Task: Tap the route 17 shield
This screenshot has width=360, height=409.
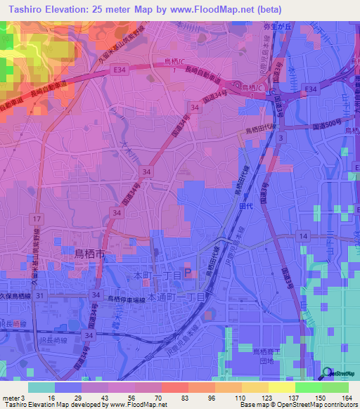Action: [x=35, y=220]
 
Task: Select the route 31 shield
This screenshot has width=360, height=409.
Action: [x=41, y=296]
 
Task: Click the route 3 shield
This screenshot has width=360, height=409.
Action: [x=281, y=138]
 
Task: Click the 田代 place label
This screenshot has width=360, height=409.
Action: [x=245, y=208]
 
